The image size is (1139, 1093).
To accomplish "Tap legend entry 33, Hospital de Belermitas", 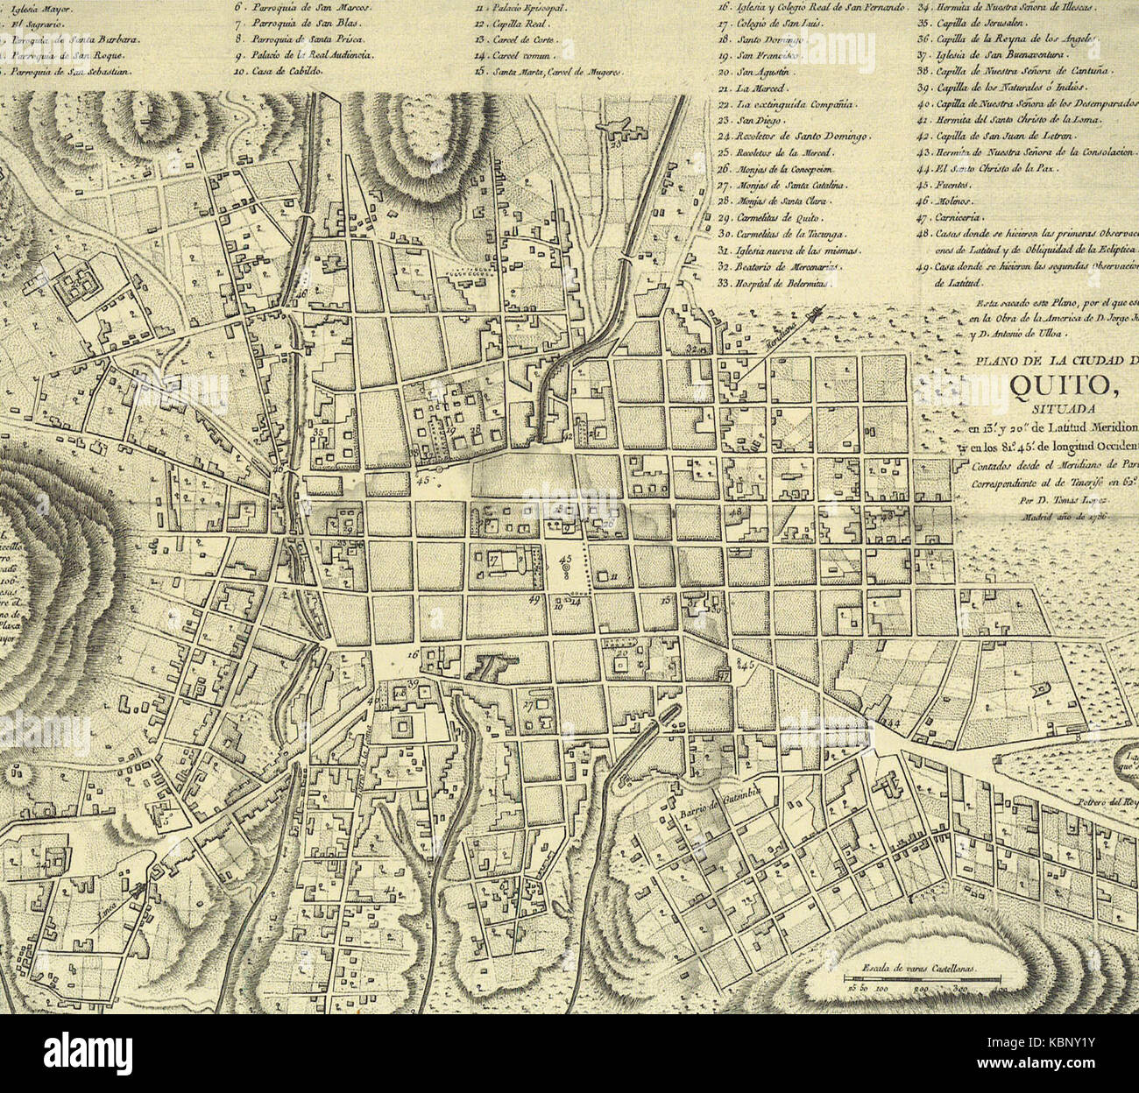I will click(773, 282).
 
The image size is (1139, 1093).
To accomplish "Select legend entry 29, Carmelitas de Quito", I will click(780, 218).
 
